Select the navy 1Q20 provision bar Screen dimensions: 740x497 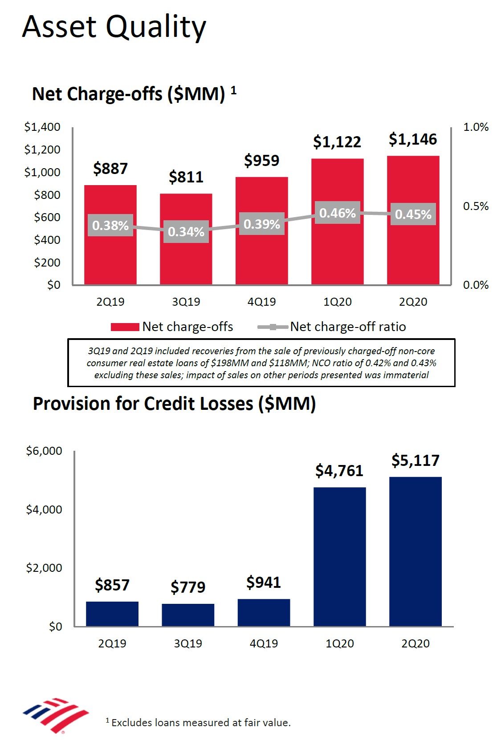(x=339, y=556)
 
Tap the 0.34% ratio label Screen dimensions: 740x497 (x=186, y=232)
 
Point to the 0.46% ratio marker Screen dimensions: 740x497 (x=338, y=213)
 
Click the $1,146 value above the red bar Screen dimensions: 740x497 (x=413, y=139)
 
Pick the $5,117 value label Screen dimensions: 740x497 (x=415, y=460)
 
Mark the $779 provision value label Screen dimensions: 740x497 (x=188, y=587)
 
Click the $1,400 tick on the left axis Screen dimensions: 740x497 (x=42, y=127)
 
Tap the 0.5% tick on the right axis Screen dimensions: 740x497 (x=476, y=206)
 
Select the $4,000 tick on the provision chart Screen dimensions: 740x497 (x=44, y=509)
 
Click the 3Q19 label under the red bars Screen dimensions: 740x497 (x=186, y=302)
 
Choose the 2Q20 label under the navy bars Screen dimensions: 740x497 (x=415, y=643)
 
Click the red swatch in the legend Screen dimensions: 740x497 (x=125, y=327)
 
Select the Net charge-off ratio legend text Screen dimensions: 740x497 (x=348, y=327)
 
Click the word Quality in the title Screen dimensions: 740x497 (x=156, y=27)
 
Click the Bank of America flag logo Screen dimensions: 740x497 (x=56, y=714)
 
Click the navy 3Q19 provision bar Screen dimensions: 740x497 (x=188, y=615)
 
